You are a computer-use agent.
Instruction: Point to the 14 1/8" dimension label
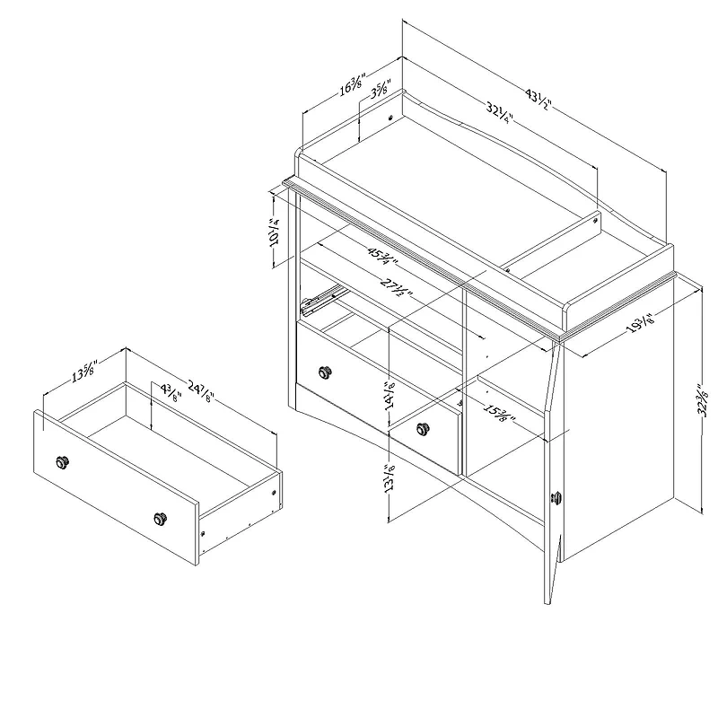coord(390,392)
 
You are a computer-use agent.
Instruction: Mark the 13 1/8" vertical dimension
coord(389,479)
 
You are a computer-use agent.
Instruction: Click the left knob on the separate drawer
coord(63,461)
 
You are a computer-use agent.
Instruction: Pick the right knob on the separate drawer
coord(161,517)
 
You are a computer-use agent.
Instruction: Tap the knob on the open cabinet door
coord(556,497)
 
